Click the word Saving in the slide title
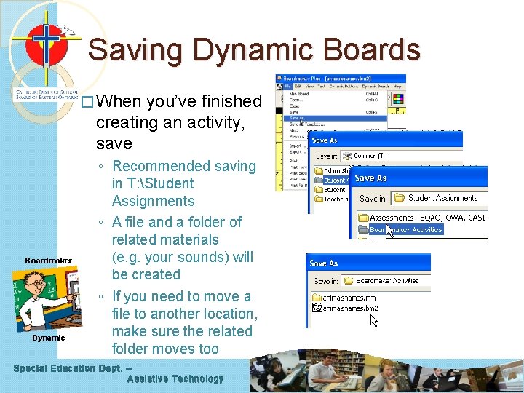pyautogui.click(x=130, y=50)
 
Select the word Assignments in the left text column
pyautogui.click(x=153, y=201)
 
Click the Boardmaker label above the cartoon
pyautogui.click(x=48, y=261)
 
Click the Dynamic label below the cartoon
pyautogui.click(x=48, y=338)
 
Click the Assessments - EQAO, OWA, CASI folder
pyautogui.click(x=426, y=218)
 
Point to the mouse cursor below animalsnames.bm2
pyautogui.click(x=374, y=320)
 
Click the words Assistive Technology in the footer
pyautogui.click(x=175, y=379)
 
